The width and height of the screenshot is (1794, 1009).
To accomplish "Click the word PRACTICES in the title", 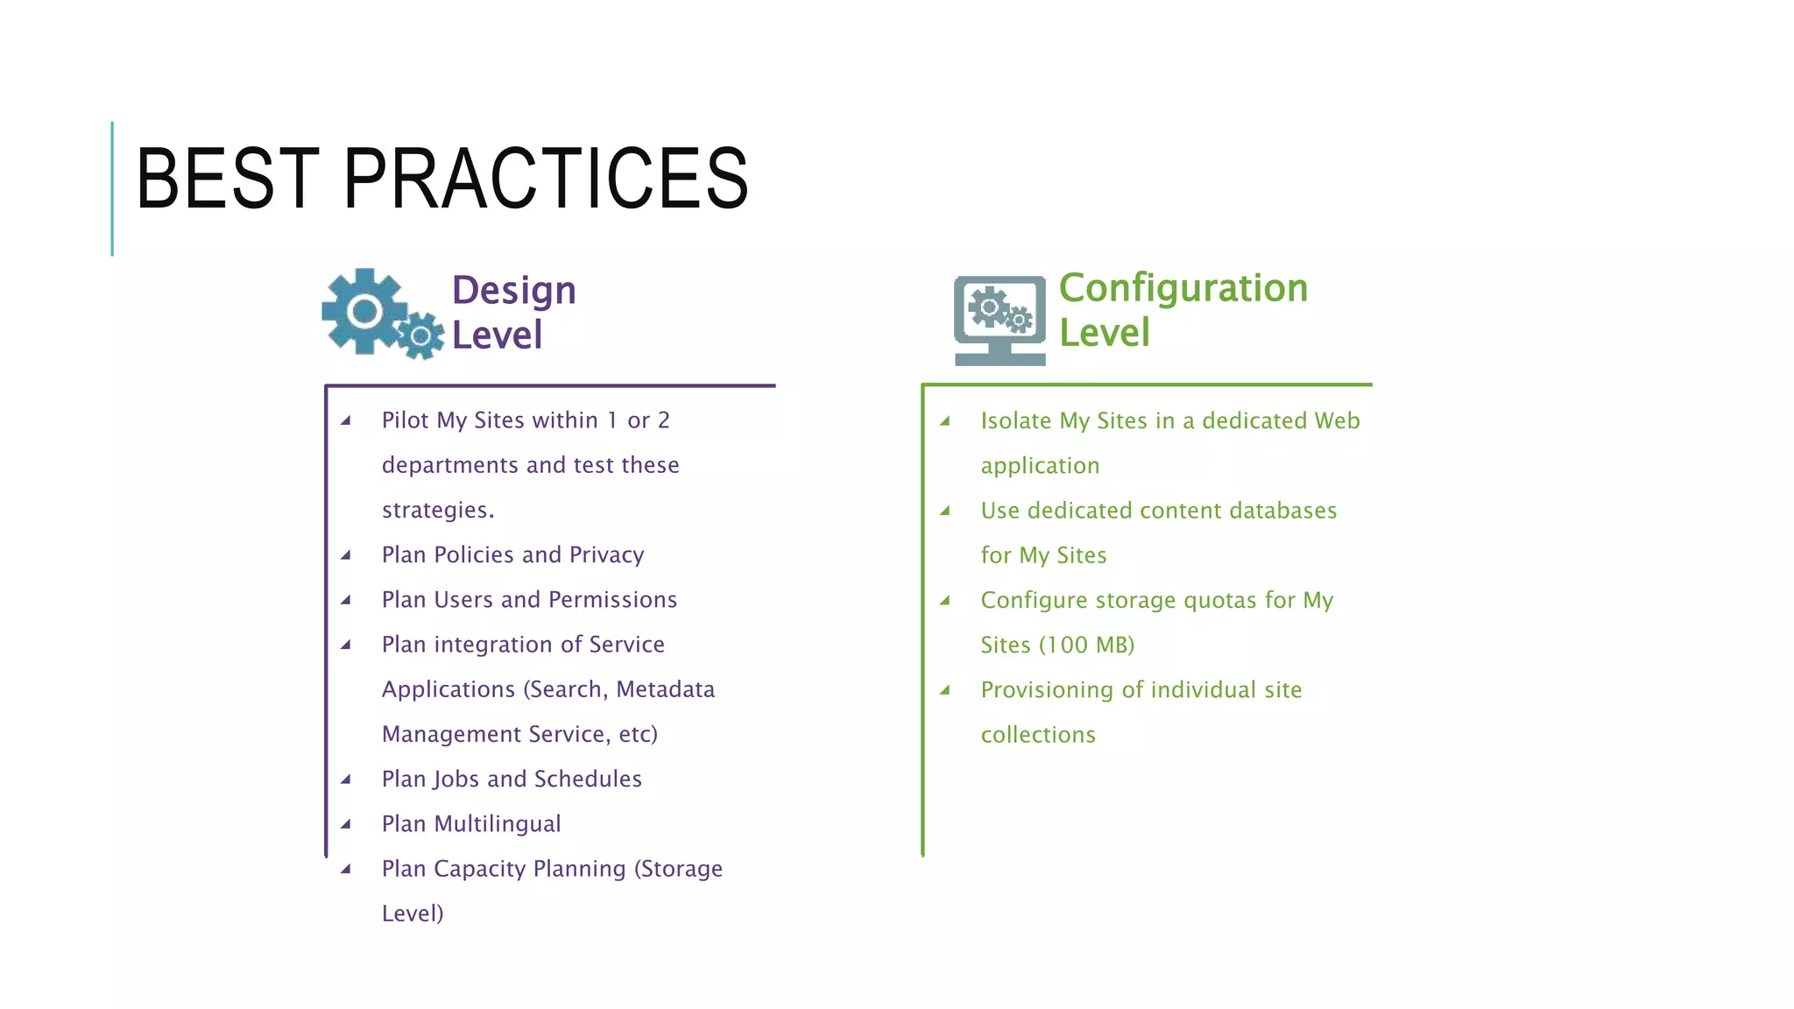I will [546, 179].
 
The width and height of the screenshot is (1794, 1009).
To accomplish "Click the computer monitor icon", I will [999, 320].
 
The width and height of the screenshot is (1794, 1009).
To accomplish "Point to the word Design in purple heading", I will [513, 291].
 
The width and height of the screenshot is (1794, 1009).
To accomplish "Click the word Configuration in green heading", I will [1183, 288].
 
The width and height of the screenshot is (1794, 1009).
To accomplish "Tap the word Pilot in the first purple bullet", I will [405, 420].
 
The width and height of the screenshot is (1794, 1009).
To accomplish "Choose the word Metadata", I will [665, 689].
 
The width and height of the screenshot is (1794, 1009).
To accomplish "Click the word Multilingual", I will [498, 824].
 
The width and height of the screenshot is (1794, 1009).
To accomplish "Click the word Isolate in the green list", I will [1015, 421].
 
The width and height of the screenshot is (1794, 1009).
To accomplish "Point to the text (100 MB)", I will [1086, 646].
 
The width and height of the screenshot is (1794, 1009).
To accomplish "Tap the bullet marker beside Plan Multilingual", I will [346, 824].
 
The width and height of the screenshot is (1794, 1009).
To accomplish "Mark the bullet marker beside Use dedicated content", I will [945, 511].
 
